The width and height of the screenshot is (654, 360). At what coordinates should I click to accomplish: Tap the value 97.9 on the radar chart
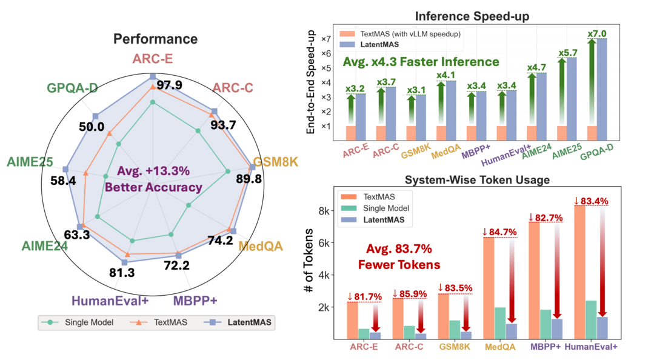point(169,85)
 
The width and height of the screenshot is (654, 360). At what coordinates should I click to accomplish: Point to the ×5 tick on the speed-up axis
point(325,68)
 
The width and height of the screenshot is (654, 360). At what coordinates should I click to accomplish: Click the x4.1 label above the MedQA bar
point(447,76)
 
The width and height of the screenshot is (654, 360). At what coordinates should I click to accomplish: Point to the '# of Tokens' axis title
point(309,261)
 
